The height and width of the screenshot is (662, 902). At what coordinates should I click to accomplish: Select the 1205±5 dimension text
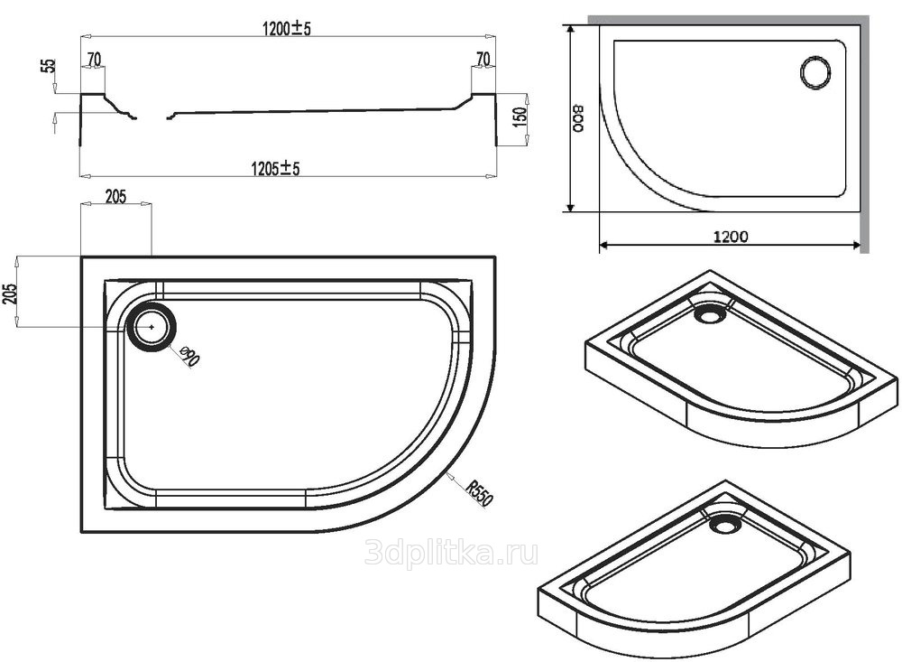275,168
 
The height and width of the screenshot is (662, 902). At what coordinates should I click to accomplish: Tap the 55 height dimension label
50,65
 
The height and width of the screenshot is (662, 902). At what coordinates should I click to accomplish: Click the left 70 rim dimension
94,60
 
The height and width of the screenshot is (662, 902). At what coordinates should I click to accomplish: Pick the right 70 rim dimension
483,59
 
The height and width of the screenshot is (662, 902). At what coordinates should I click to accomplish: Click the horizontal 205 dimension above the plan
115,197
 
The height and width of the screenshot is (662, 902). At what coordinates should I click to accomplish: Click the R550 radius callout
479,493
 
